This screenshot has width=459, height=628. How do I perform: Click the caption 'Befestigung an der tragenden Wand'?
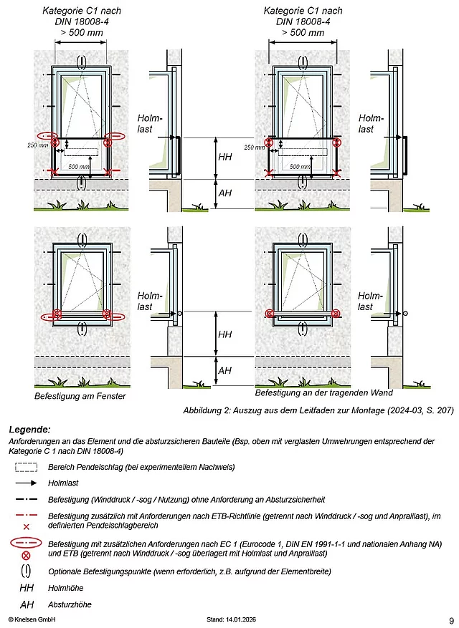click(316, 393)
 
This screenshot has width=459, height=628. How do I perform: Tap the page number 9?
click(450, 620)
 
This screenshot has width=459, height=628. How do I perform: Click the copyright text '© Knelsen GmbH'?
click(32, 619)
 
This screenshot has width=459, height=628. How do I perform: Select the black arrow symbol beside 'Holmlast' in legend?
click(26, 484)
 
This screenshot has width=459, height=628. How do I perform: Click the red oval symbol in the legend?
click(26, 545)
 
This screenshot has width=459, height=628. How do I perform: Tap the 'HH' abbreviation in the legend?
click(26, 589)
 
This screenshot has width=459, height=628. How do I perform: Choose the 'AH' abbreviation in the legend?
click(26, 605)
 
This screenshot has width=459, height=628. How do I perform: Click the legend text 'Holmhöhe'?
click(65, 589)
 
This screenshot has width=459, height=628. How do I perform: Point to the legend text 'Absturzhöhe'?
click(69, 605)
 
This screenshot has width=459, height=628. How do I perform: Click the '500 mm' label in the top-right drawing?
click(300, 166)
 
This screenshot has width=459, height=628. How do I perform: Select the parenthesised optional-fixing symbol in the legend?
click(26, 571)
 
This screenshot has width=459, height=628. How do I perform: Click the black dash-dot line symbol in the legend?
click(26, 499)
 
